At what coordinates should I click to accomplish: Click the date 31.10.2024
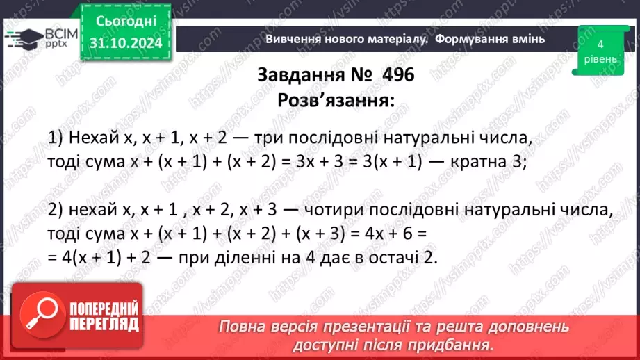(126, 44)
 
